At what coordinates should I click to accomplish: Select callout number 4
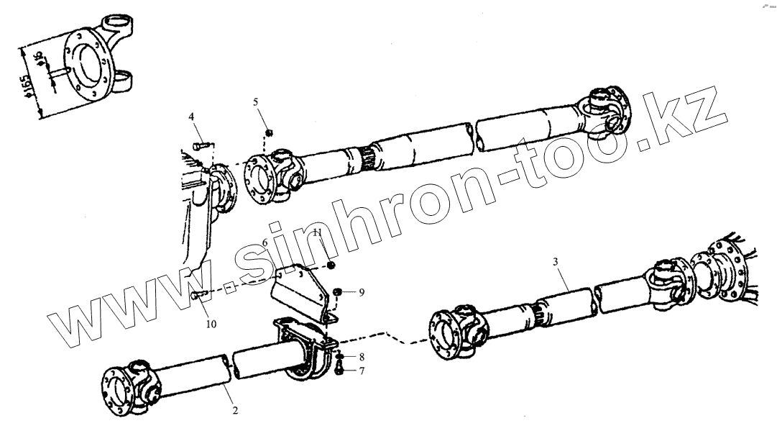click(191, 117)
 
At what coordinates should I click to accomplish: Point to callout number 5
click(256, 102)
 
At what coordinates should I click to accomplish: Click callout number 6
click(265, 242)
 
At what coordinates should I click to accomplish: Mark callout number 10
click(211, 325)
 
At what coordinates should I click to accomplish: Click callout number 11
click(317, 232)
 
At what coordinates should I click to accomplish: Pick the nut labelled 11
click(331, 267)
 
